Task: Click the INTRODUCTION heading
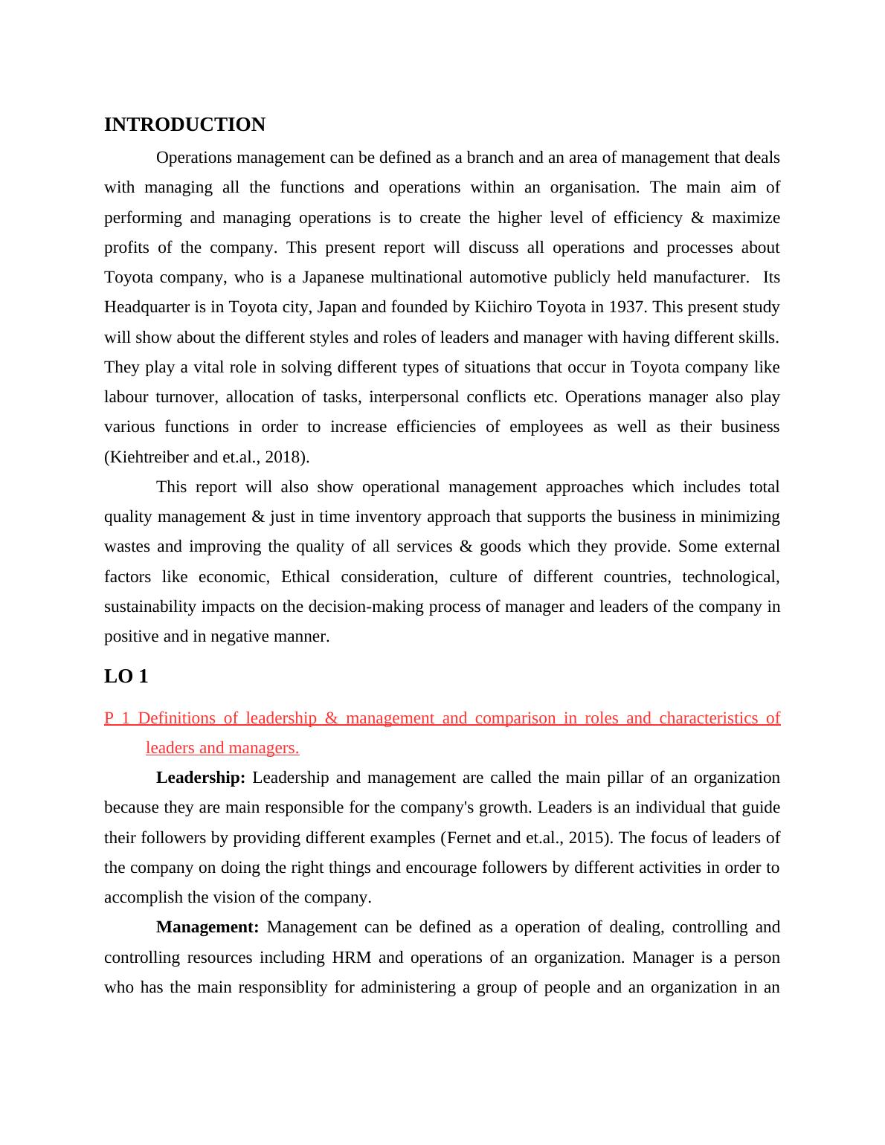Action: (x=184, y=125)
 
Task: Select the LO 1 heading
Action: (x=126, y=677)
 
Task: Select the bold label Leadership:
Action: (x=201, y=778)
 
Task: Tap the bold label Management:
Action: (x=207, y=927)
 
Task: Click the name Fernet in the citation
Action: (x=468, y=838)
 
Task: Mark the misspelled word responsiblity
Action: (x=273, y=987)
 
